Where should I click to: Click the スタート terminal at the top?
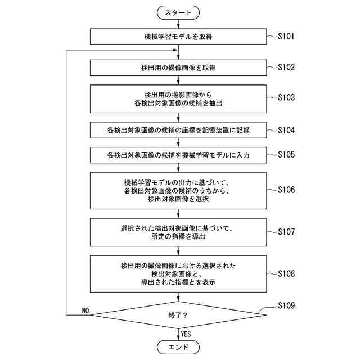click(178, 12)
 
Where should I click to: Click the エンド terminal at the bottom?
click(178, 347)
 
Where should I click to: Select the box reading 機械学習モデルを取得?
click(178, 37)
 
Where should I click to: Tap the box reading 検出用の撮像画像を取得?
click(178, 67)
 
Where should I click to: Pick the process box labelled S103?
click(178, 98)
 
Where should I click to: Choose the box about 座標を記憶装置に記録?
click(178, 130)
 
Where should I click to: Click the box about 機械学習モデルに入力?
click(178, 154)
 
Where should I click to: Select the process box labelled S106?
click(178, 190)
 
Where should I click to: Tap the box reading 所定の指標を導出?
click(178, 232)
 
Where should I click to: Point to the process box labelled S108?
click(178, 273)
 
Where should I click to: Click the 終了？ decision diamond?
click(178, 315)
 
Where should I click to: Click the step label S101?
click(286, 37)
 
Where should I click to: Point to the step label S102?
click(286, 66)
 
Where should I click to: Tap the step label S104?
click(286, 129)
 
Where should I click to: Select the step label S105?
click(286, 154)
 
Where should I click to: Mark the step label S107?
click(286, 231)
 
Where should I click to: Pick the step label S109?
click(286, 306)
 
